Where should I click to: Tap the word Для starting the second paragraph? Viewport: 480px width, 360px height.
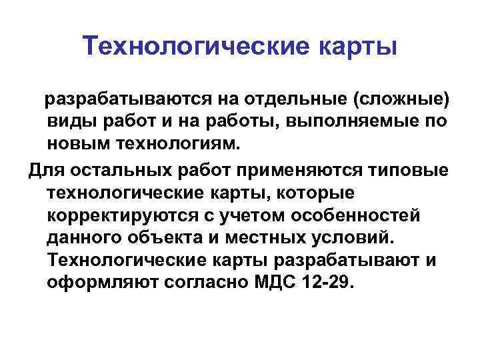(45, 169)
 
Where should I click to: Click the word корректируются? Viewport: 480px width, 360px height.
(119, 215)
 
